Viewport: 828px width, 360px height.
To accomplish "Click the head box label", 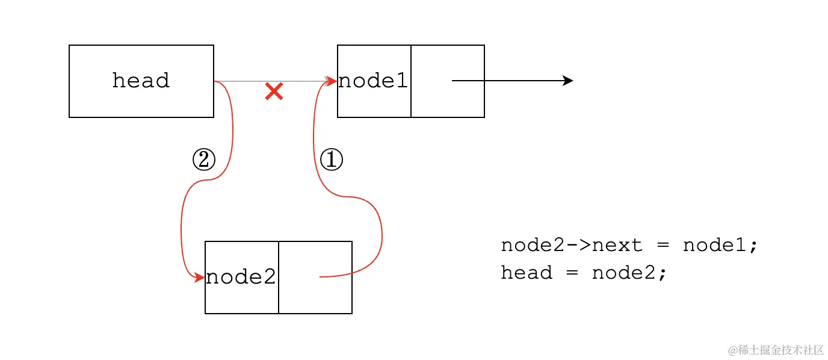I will (x=141, y=81).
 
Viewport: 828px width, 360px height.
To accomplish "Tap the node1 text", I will (x=373, y=81).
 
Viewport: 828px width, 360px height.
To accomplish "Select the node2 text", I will (x=241, y=277).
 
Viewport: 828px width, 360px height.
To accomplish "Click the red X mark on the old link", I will (x=274, y=92).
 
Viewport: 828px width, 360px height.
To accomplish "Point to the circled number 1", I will (x=331, y=160).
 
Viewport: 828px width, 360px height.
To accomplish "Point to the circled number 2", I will (x=203, y=160).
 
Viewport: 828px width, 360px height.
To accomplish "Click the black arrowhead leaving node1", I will (x=567, y=81).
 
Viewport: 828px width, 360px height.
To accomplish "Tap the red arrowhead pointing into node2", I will (x=200, y=278).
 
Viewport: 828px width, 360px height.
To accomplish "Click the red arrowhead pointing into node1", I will (x=332, y=81).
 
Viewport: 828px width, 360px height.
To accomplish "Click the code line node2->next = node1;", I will (x=629, y=245).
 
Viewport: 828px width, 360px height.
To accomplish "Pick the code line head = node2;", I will (x=584, y=273).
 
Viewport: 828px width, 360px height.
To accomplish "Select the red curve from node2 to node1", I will (x=382, y=241).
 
